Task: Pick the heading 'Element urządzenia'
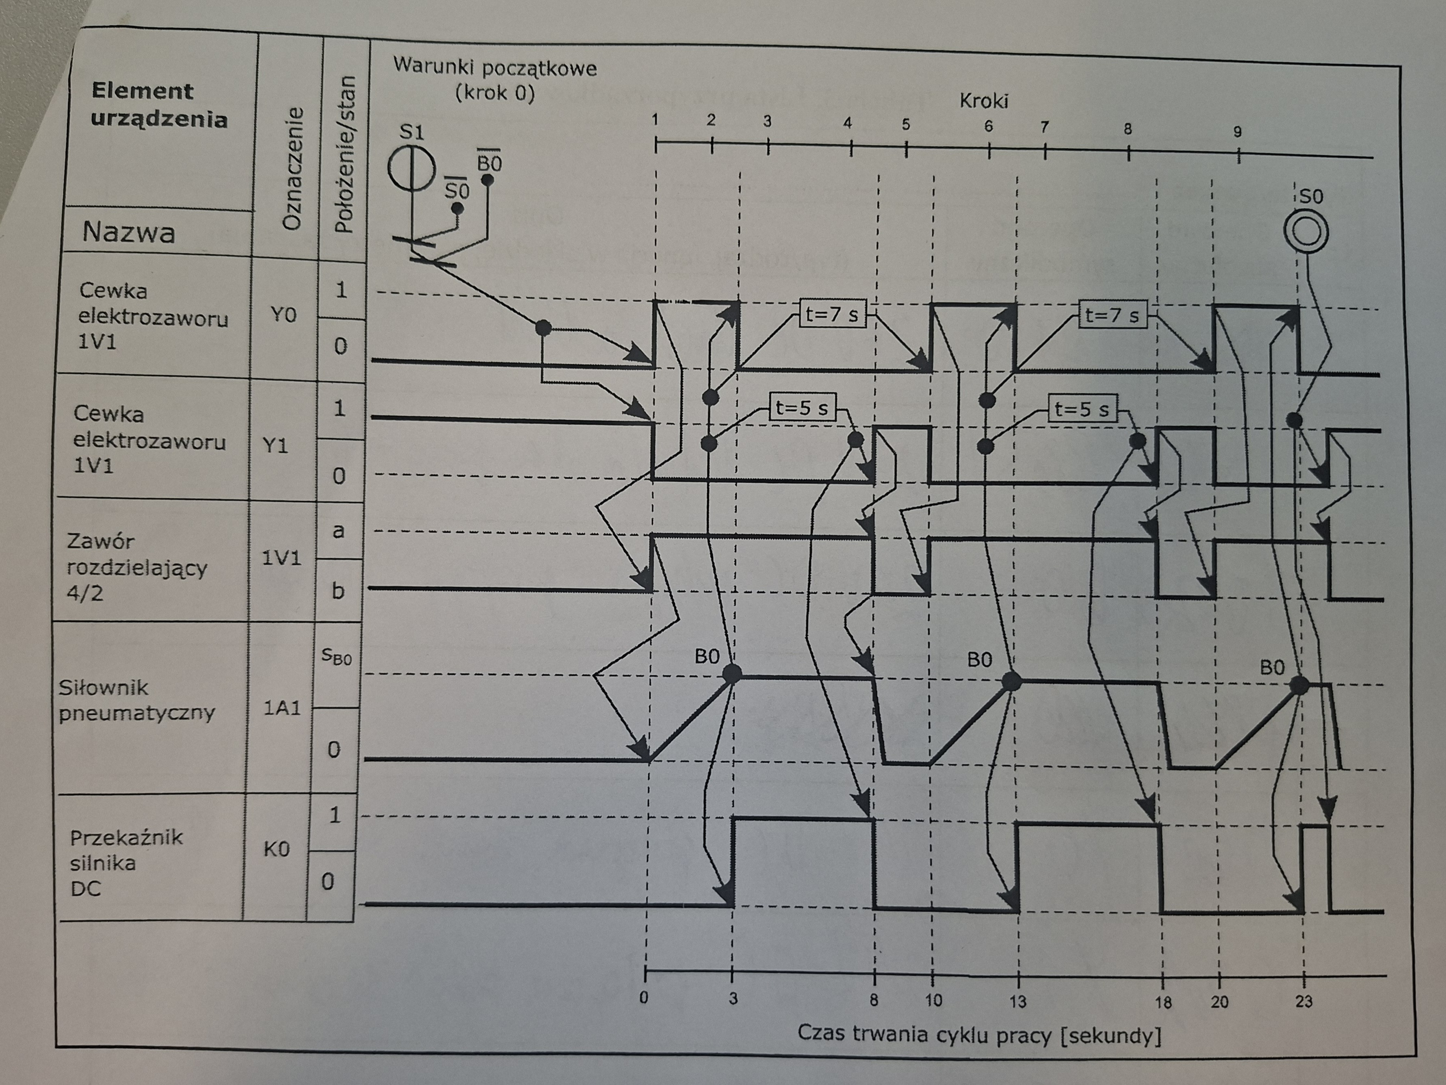[159, 105]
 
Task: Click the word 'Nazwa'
[129, 232]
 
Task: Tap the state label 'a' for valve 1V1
[338, 530]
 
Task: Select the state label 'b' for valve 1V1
[337, 590]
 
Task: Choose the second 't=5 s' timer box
[1082, 409]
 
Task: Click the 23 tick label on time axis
[1303, 1001]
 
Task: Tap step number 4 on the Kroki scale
[848, 123]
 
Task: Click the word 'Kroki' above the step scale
[984, 101]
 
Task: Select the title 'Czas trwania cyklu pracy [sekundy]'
[979, 1035]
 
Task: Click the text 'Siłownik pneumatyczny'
[136, 700]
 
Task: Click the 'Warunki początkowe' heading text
[495, 67]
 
